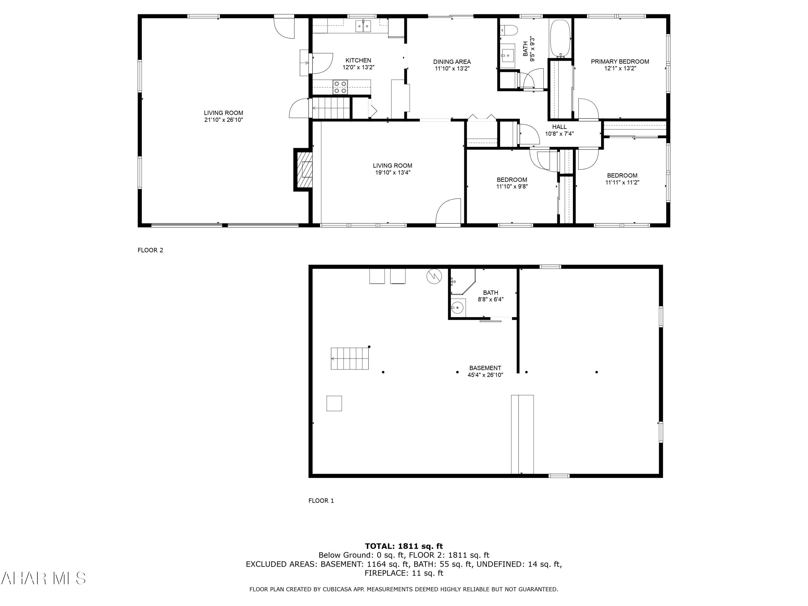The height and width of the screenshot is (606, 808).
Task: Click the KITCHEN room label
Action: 358,61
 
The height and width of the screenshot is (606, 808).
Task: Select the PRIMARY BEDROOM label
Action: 620,62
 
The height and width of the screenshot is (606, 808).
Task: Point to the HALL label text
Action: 559,127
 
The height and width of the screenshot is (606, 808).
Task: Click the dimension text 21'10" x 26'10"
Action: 224,120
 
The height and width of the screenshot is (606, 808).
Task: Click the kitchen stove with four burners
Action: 340,87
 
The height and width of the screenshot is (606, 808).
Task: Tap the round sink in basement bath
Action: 457,308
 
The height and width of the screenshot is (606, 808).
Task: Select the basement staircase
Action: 350,359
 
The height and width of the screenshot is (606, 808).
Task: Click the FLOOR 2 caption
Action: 150,250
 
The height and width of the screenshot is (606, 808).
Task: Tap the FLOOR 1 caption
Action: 321,501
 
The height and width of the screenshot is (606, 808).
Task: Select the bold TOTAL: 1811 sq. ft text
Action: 404,546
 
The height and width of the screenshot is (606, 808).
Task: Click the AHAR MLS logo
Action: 43,579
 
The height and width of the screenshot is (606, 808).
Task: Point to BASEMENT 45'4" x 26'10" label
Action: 485,371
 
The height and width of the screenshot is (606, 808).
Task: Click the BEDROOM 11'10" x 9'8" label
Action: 512,183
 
